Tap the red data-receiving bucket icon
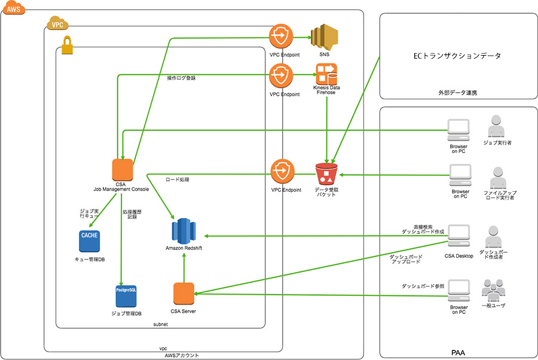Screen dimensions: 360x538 click(326, 174)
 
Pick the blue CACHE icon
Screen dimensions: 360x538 click(90, 240)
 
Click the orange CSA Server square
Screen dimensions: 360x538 click(184, 294)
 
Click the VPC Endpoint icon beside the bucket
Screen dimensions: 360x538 click(280, 171)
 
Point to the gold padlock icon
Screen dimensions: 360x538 click(68, 44)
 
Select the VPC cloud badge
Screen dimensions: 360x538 click(57, 26)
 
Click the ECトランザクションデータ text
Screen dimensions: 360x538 click(457, 56)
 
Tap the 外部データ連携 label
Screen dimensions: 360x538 click(457, 93)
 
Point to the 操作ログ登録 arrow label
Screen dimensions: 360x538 click(182, 78)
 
